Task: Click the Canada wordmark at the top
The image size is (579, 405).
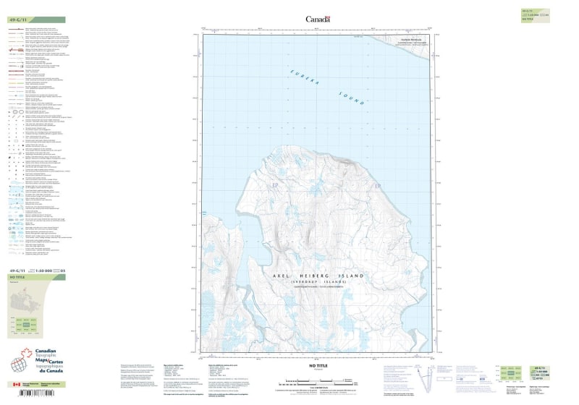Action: coord(318,20)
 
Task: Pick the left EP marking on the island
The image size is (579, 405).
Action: coord(274,187)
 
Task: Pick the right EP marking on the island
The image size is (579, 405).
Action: coord(377,187)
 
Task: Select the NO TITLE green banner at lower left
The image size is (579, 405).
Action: coord(36,277)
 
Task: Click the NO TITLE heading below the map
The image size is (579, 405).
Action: coord(318,367)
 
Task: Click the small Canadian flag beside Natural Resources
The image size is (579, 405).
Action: coord(16,385)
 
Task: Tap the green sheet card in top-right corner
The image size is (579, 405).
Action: coord(531,15)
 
